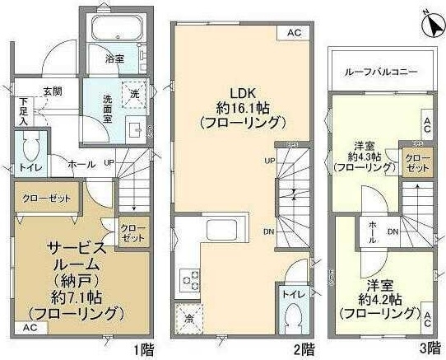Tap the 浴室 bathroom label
pyautogui.click(x=114, y=59)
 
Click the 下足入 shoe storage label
pyautogui.click(x=23, y=111)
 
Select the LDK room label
pyautogui.click(x=240, y=90)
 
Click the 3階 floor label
pyautogui.click(x=428, y=348)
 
